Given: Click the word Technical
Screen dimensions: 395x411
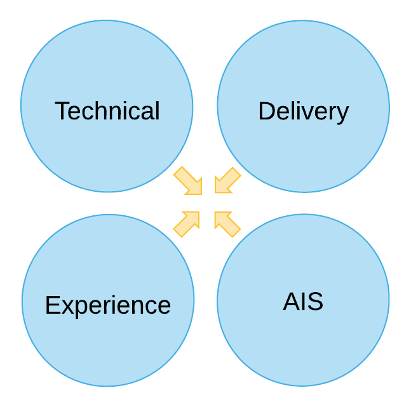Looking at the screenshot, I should pos(107,111).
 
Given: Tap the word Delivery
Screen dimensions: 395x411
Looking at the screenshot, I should pos(303,111).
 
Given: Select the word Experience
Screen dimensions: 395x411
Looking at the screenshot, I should pos(108,305).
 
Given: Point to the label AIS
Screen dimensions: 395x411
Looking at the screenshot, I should pos(303,302).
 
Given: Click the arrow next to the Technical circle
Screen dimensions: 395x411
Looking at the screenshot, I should pos(188,181).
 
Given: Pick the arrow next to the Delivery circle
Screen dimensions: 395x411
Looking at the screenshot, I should pos(227,181).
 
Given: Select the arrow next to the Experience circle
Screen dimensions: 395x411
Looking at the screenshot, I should pos(187,224).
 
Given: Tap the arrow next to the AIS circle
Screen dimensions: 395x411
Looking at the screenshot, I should pos(227,224).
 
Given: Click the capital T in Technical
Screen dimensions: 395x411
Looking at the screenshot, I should pos(62,111).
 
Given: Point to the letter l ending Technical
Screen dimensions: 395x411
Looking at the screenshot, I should pos(157,110).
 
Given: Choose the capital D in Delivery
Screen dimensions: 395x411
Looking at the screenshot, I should pos(266,111).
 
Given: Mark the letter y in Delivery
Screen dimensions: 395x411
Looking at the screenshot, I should pos(342,114).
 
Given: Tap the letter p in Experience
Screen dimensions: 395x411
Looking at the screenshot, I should pos(77,308).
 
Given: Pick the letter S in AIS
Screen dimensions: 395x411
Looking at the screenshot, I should pos(315,302).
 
